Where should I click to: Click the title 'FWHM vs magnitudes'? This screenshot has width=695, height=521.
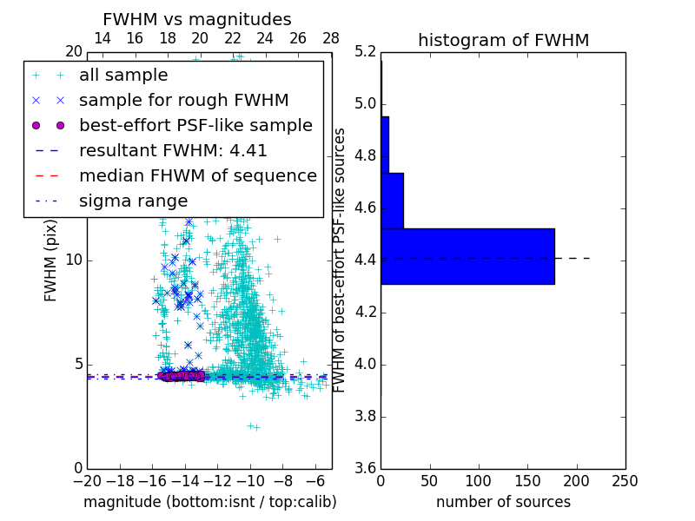tap(197, 19)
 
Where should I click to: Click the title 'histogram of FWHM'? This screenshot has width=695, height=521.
tap(503, 40)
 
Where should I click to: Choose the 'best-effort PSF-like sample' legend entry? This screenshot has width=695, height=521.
tap(195, 125)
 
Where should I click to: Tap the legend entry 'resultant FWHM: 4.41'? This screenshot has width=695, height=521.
tap(173, 150)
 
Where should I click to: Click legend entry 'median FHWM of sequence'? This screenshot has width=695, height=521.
tap(197, 175)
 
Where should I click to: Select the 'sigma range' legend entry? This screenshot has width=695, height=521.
tap(133, 201)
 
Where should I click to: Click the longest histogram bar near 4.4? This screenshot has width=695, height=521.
tap(467, 256)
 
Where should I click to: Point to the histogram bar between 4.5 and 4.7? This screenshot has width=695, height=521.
tap(392, 201)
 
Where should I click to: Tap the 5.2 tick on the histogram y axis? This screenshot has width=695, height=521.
tap(366, 52)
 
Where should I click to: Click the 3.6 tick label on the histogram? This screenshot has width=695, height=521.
tap(366, 468)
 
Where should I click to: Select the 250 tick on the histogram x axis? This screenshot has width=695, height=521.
tap(625, 481)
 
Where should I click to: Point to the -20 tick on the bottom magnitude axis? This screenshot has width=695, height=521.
tap(87, 481)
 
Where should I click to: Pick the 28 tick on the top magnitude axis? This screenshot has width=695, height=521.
tap(331, 38)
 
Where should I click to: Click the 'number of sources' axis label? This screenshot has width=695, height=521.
tap(503, 502)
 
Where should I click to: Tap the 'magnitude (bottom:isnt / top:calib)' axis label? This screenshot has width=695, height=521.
tap(209, 502)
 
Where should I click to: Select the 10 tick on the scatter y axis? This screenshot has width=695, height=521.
tap(74, 260)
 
